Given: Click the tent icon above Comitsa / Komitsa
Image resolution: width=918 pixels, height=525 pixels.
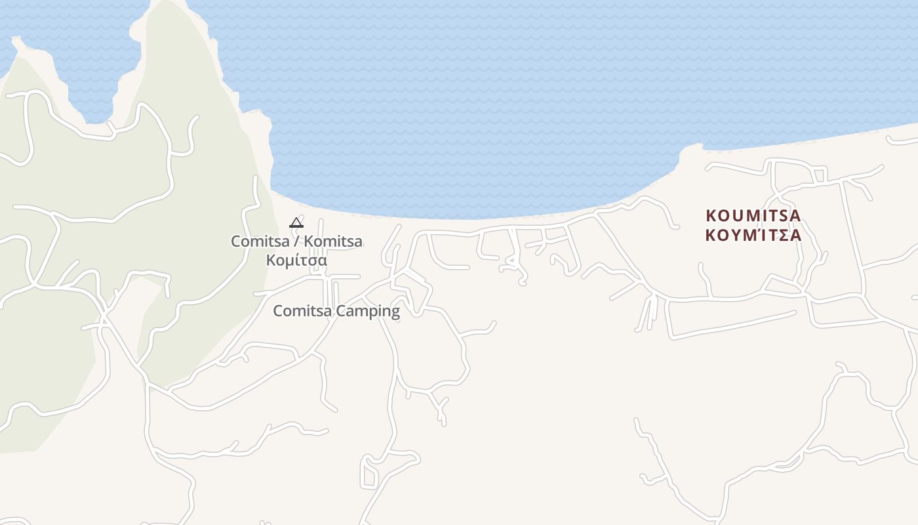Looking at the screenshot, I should point(296,222).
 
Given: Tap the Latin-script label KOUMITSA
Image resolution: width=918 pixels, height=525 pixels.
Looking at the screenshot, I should point(753,215).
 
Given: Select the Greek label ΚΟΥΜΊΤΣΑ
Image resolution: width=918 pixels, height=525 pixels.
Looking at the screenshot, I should point(753,235).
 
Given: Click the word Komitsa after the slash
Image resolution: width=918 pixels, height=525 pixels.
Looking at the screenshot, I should point(333,241).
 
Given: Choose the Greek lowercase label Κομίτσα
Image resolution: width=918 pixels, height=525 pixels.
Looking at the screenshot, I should point(296,261).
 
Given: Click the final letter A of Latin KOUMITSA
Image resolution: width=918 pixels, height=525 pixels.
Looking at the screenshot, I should point(795,215).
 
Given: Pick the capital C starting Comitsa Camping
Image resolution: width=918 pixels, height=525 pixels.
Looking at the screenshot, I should point(278,311).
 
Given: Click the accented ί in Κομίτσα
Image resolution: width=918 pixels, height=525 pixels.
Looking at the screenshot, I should point(296,261).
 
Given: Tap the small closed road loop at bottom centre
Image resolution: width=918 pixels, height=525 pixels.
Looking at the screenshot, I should point(369,474).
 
